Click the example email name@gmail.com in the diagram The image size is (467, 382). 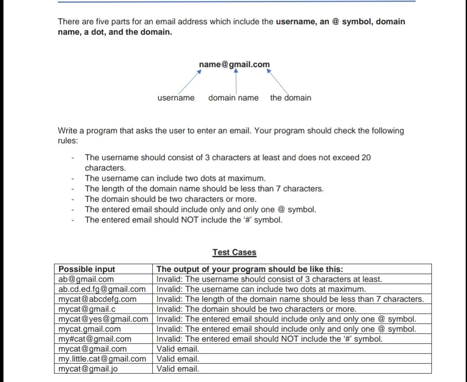click(234, 64)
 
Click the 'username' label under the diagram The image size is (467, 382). click(176, 98)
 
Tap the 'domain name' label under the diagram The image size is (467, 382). click(233, 98)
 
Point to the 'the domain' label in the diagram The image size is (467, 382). click(291, 98)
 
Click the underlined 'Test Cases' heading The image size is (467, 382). click(234, 252)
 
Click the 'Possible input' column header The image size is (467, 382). click(87, 269)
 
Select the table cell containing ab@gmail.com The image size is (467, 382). click(86, 279)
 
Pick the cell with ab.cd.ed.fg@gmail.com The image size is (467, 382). click(102, 289)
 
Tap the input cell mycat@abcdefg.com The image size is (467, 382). click(97, 299)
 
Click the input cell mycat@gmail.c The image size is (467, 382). click(86, 309)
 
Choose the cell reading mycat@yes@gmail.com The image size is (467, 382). click(103, 319)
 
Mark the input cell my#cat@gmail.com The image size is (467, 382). click(95, 339)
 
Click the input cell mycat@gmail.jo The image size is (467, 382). click(88, 369)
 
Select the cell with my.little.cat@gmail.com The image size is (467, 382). click(102, 359)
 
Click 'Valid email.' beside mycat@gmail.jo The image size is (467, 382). click(178, 369)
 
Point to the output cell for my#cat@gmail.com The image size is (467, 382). click(269, 339)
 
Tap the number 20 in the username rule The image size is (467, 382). click(366, 157)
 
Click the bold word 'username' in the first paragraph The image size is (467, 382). click(296, 22)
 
